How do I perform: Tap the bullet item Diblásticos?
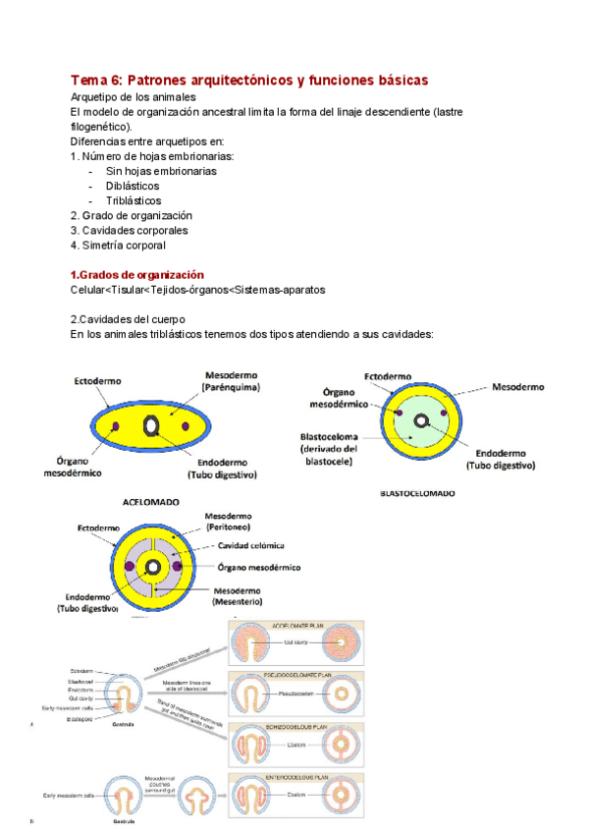tap(133, 186)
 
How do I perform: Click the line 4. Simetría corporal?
tap(118, 245)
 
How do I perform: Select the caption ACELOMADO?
tap(150, 501)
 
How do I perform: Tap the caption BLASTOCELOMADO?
tap(416, 493)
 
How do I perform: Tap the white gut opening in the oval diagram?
tap(153, 425)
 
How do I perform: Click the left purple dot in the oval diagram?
tap(117, 426)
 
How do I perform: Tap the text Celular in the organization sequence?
tap(88, 290)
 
